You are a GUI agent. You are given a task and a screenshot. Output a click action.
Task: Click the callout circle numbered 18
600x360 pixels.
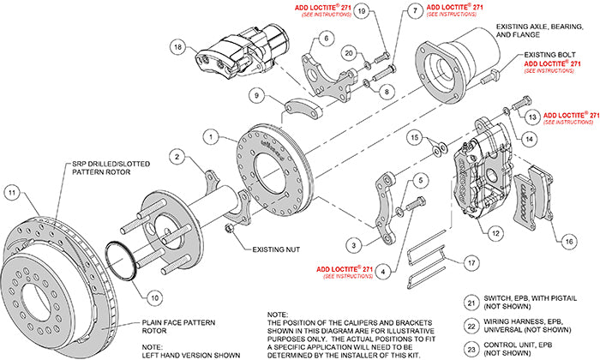pos(177,47)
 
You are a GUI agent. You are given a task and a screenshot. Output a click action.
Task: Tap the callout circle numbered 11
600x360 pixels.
pos(11,193)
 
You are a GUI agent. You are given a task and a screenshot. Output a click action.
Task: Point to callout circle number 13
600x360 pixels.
pos(531,116)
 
